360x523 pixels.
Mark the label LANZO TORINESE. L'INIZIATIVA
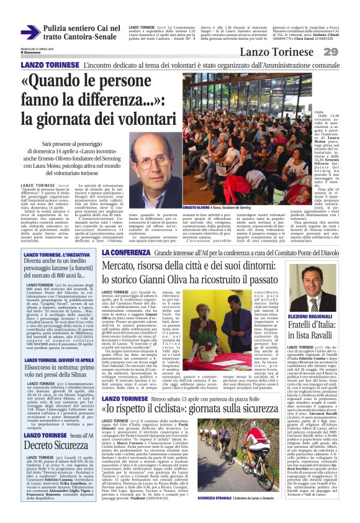[x=56, y=255]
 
